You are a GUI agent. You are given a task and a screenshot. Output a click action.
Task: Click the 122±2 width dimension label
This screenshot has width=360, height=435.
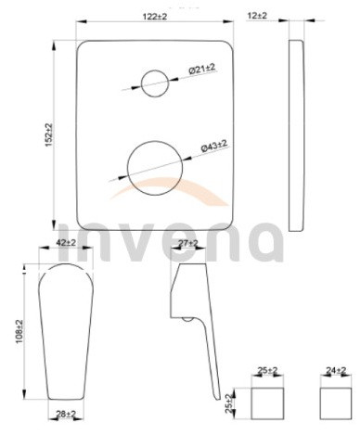click(x=155, y=17)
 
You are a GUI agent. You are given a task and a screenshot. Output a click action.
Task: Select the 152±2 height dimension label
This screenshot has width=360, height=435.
click(x=49, y=134)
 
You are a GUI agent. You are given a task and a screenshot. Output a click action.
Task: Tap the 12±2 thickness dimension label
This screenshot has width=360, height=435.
click(x=257, y=15)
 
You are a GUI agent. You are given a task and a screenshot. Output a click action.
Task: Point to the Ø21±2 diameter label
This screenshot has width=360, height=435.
click(x=202, y=69)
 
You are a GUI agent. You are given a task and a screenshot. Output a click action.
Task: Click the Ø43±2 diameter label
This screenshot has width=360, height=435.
click(x=214, y=146)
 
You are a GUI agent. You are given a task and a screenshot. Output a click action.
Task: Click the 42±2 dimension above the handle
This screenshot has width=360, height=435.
click(x=66, y=242)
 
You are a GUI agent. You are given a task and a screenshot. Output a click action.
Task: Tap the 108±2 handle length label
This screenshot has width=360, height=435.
click(x=19, y=332)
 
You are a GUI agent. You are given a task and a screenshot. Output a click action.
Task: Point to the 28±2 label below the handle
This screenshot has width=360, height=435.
click(x=66, y=414)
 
